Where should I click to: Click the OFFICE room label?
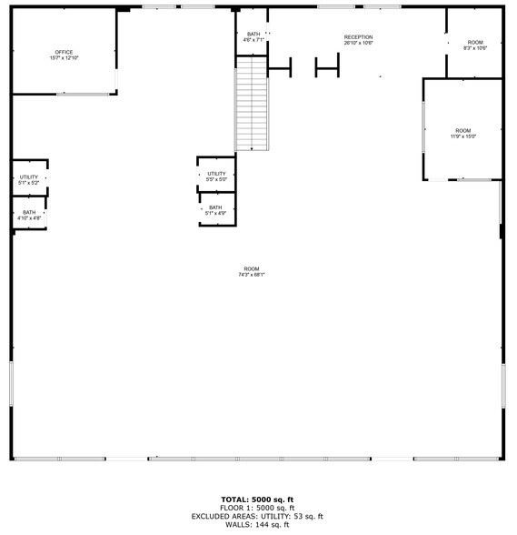tap(64, 52)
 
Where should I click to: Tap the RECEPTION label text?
tap(358, 37)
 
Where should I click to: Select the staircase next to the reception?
tap(252, 104)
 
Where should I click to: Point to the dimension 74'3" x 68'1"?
tap(252, 275)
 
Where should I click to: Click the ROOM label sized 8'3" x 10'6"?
tap(475, 42)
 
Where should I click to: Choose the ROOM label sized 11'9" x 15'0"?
tap(463, 130)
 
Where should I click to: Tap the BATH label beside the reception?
tap(253, 35)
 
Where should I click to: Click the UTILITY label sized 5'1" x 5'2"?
tap(28, 177)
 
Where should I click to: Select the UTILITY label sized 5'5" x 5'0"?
tap(216, 174)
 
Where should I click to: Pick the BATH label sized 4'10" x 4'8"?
tap(29, 213)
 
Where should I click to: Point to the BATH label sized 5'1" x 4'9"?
tap(215, 207)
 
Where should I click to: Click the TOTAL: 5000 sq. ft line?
tap(257, 500)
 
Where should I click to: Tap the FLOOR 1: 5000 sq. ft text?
tap(257, 508)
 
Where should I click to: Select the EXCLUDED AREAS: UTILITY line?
tap(257, 516)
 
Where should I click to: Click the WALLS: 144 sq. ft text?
tap(257, 524)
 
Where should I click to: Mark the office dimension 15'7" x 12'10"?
tap(64, 58)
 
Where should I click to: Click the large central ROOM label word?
tap(252, 268)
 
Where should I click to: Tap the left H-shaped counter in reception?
tap(279, 66)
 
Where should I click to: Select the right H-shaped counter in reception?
tap(326, 66)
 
